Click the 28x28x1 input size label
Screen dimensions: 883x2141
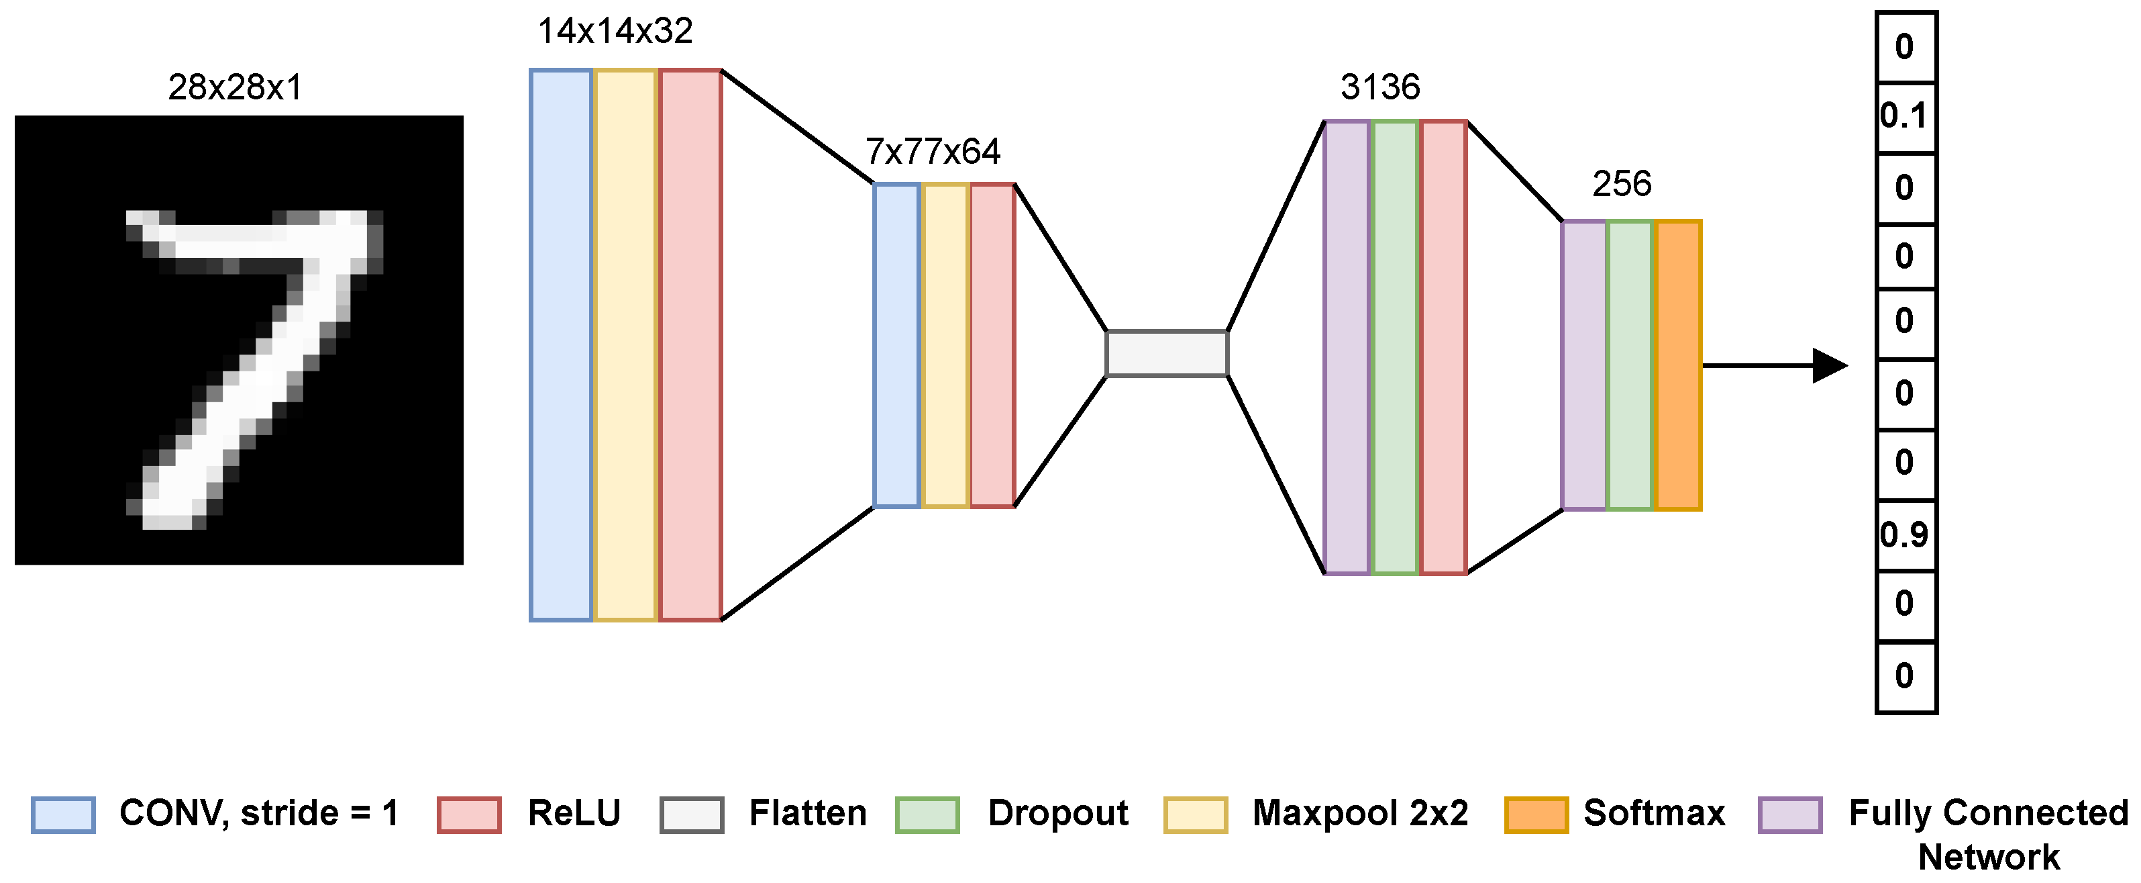[x=236, y=87]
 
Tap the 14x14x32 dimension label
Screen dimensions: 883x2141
[x=615, y=32]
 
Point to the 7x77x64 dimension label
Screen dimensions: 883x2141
[x=933, y=151]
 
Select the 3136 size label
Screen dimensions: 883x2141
[x=1379, y=87]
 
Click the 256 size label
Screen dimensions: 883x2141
[x=1622, y=184]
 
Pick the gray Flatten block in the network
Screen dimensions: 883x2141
[x=1167, y=353]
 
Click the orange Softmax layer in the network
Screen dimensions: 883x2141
[x=1678, y=365]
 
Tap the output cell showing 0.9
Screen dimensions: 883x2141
[x=1905, y=535]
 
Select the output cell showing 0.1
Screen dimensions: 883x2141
[x=1905, y=116]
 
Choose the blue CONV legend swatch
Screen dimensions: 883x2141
[x=63, y=814]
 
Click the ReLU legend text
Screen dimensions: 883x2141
[x=574, y=813]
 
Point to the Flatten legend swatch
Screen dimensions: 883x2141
[x=692, y=814]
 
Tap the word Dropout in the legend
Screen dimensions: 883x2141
[x=1058, y=813]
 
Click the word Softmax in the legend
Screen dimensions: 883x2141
[x=1654, y=813]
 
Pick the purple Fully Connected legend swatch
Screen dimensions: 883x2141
[x=1790, y=814]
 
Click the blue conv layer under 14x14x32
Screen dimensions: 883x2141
[x=561, y=345]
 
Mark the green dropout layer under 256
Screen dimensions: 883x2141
[x=1630, y=365]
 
